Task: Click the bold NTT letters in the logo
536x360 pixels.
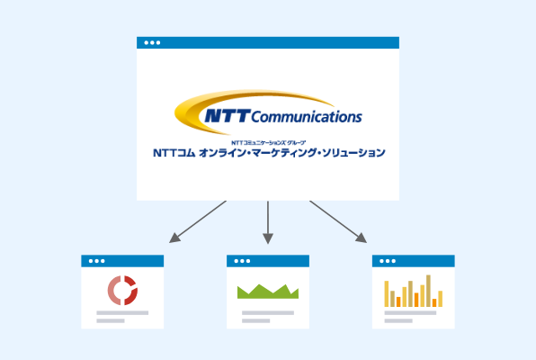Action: (x=228, y=116)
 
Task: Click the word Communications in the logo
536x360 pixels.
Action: (x=307, y=117)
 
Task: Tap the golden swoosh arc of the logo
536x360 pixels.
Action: (x=192, y=110)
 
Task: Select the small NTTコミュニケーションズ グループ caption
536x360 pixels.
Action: (x=268, y=143)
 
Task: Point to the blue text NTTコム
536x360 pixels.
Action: (x=174, y=153)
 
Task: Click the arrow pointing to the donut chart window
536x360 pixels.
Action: (x=198, y=221)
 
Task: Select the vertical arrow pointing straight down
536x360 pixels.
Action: (x=268, y=222)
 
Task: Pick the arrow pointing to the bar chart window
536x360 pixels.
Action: (x=338, y=221)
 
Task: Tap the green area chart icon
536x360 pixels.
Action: (x=268, y=292)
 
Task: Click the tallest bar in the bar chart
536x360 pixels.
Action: (x=428, y=291)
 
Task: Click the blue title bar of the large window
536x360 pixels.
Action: (x=268, y=43)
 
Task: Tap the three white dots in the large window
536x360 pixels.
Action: (x=152, y=43)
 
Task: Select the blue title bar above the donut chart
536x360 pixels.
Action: (x=122, y=261)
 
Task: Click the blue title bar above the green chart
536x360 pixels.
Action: (x=268, y=261)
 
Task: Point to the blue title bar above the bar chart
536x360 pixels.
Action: (x=414, y=261)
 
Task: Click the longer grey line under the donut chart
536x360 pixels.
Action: (x=122, y=313)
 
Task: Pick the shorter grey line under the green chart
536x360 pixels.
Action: (x=255, y=321)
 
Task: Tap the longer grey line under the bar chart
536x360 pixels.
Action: (x=410, y=313)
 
